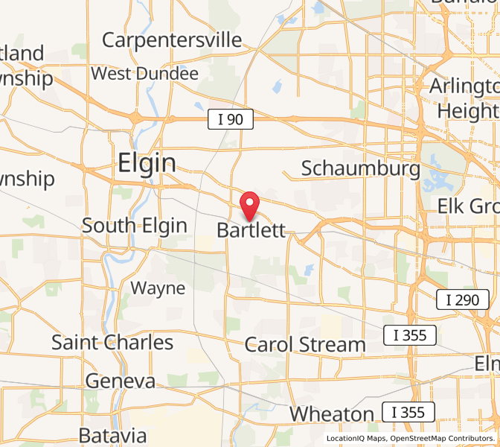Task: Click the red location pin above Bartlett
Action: pos(251,203)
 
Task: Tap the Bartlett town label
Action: pos(251,230)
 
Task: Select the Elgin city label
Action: pos(147,163)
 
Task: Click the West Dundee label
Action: pos(144,74)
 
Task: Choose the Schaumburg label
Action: pos(360,168)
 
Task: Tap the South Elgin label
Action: pos(134,225)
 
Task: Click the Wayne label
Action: pos(158,288)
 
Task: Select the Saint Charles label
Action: pos(112,343)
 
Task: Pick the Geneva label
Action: pos(121,381)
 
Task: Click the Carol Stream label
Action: pos(305,345)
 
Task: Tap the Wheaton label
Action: pos(332,413)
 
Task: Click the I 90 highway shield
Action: pos(230,118)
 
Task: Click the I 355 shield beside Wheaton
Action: pos(408,411)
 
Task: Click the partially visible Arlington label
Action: pos(462,86)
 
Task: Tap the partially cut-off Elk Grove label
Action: pos(468,206)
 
